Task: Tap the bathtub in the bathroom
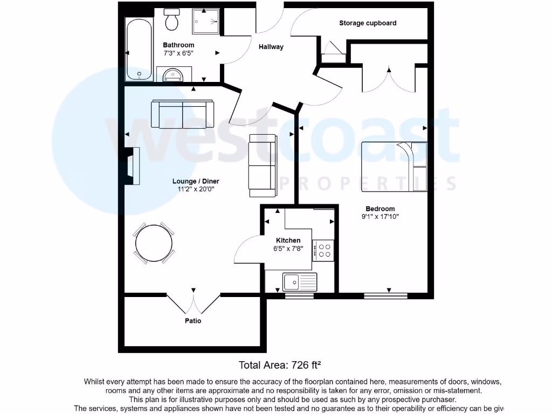(139, 50)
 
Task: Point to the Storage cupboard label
(368, 23)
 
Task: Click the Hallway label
(271, 47)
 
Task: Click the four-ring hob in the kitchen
(324, 250)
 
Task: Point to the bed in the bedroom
(394, 167)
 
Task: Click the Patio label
(193, 321)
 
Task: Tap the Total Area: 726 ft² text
(280, 365)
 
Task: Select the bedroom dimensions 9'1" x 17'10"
(380, 217)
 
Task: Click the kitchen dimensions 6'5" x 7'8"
(288, 249)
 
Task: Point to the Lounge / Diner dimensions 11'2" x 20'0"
(196, 189)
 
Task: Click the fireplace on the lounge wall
(132, 166)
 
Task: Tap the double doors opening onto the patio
(193, 303)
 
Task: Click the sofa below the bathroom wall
(182, 114)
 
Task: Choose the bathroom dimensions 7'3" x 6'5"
(178, 53)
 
